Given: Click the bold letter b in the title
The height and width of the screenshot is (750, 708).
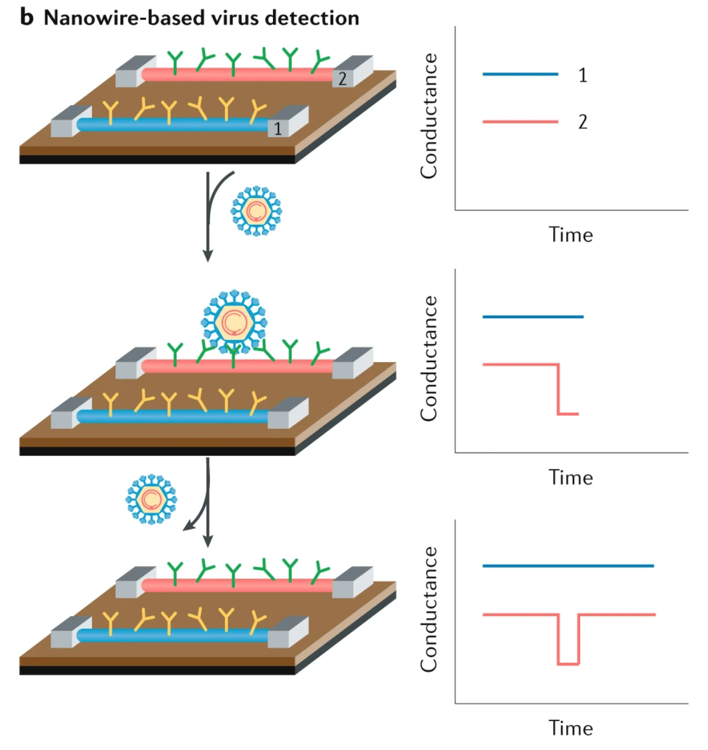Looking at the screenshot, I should point(27,17).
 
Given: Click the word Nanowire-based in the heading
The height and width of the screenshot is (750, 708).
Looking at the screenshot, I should point(119,18).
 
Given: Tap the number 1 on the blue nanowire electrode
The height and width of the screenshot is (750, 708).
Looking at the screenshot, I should point(277,128).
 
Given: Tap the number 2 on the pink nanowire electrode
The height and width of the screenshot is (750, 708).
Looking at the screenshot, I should point(342,78).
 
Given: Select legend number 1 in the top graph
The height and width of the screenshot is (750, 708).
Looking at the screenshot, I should point(583,75).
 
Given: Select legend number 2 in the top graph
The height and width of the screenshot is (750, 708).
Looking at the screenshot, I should point(583,122).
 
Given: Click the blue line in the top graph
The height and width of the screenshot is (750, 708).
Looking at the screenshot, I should point(520,75).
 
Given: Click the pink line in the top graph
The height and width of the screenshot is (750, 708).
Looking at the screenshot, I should point(520,122).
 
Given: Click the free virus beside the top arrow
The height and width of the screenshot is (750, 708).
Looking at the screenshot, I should point(256,211).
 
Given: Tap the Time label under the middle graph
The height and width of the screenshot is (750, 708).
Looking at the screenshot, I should point(570,477).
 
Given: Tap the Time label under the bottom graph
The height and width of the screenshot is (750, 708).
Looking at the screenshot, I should point(570,728).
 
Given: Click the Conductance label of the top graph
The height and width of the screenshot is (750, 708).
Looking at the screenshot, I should point(428,116).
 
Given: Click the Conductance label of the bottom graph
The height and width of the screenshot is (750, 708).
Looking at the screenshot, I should point(428,609).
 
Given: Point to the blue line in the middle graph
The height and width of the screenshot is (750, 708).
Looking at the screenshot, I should point(532,317).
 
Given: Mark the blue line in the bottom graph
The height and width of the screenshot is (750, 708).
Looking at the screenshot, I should point(567,566).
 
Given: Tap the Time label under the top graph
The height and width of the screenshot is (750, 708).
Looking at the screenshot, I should point(570,235).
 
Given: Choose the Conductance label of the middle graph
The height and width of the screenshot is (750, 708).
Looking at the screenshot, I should point(428,358).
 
